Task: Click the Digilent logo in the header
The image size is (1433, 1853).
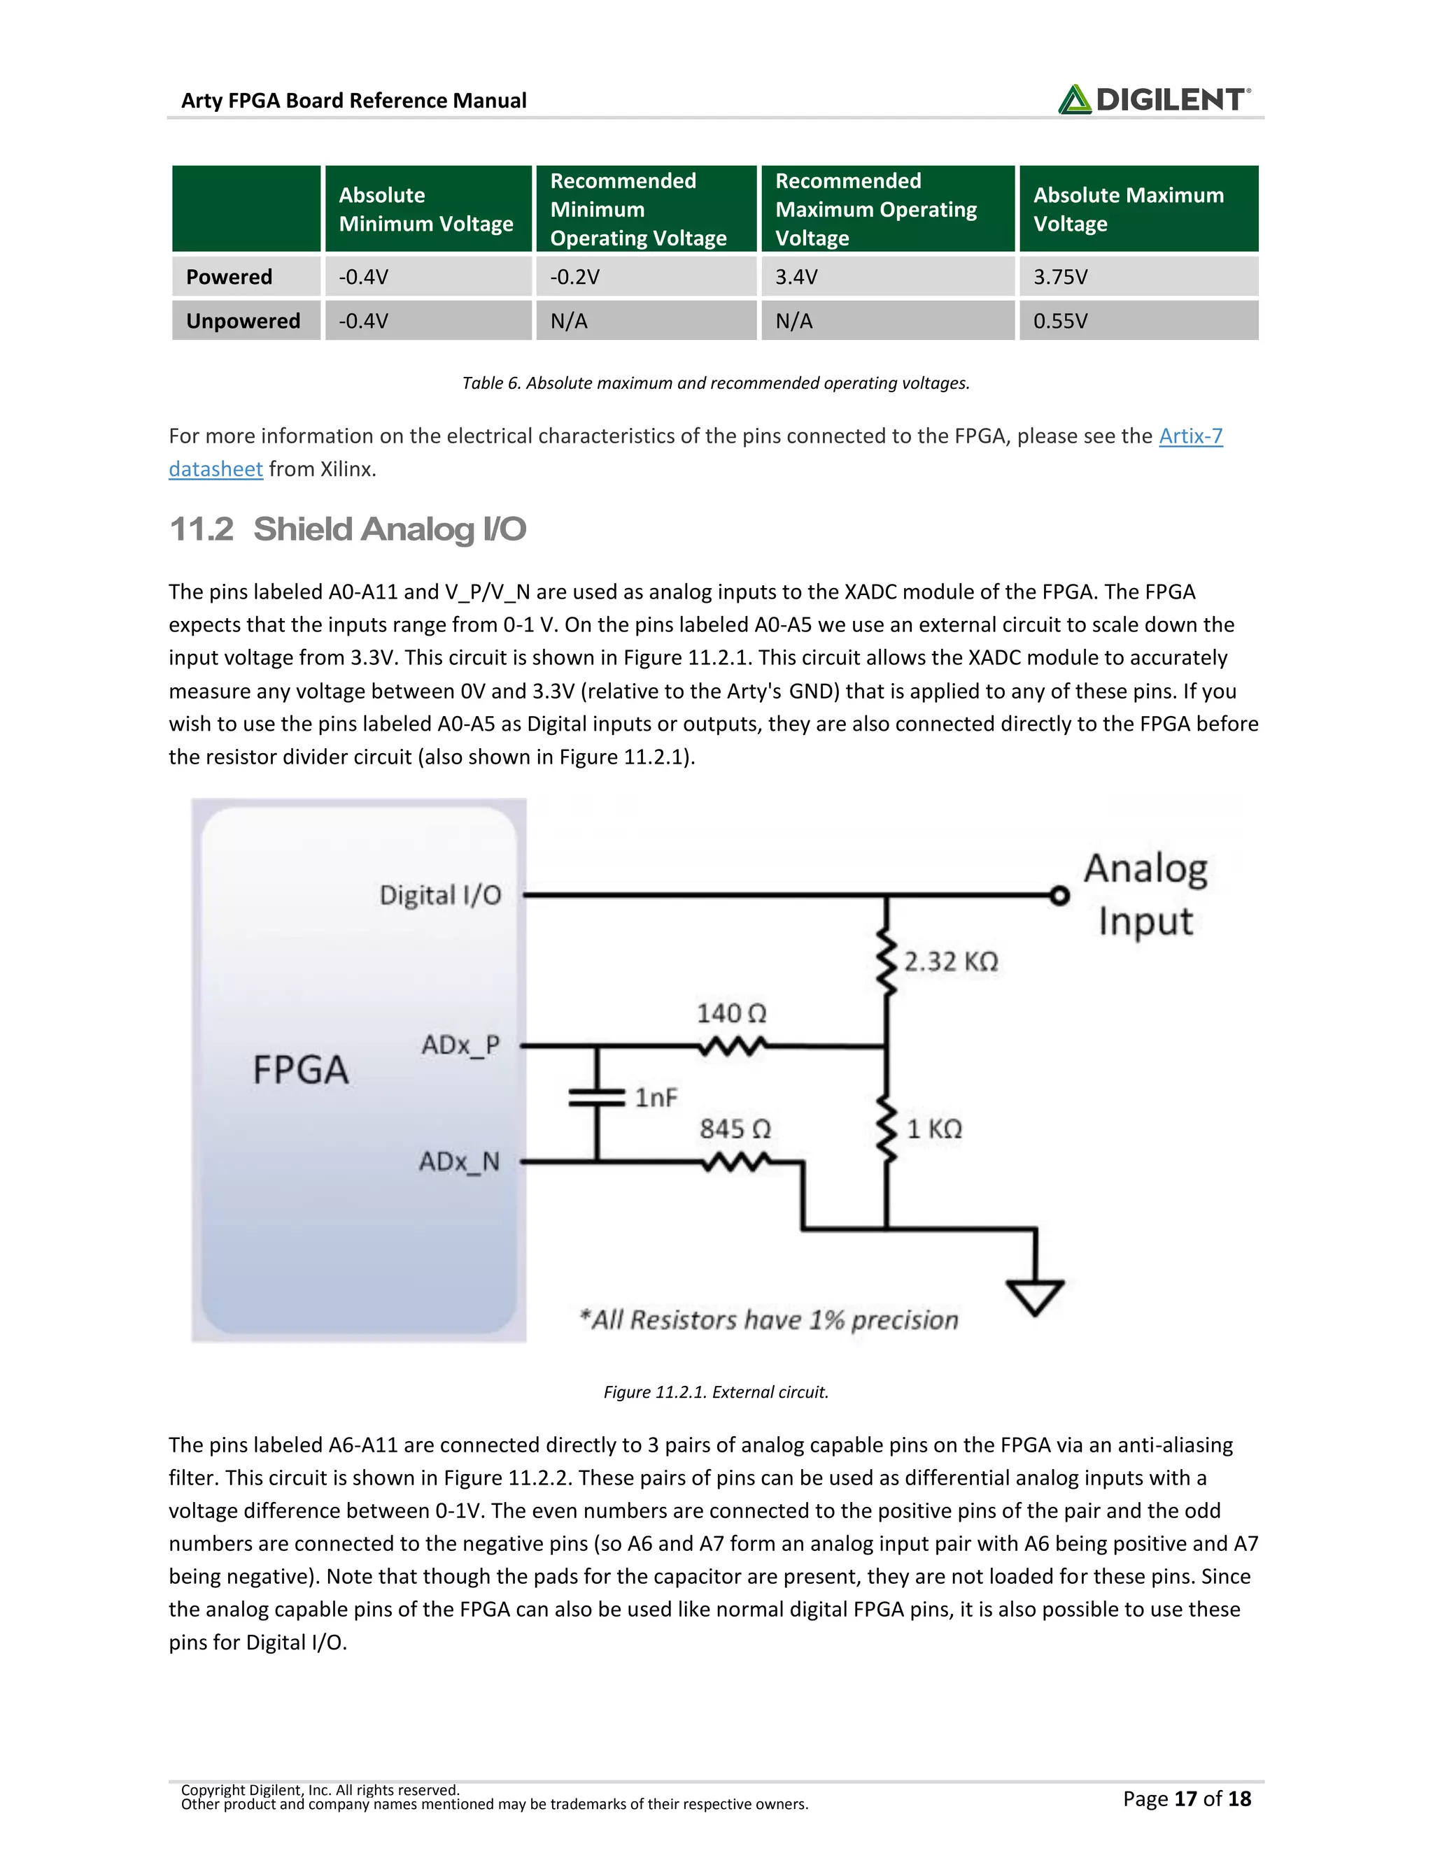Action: (x=1153, y=99)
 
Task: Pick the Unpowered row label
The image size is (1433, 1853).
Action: (x=243, y=321)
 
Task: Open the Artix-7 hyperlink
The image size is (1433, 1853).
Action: (x=1190, y=436)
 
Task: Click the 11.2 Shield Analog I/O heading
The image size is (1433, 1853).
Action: (x=347, y=529)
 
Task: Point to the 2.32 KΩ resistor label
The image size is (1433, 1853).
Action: (x=950, y=961)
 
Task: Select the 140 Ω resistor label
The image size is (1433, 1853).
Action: (x=731, y=1013)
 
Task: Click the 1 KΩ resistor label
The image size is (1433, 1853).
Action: (x=934, y=1129)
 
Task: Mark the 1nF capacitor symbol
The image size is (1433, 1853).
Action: (x=597, y=1098)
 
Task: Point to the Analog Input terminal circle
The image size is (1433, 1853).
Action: (x=1059, y=895)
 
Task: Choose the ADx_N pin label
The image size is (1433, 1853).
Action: (x=458, y=1161)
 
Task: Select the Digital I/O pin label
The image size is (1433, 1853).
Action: (x=439, y=895)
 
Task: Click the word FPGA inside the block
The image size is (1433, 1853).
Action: (x=300, y=1069)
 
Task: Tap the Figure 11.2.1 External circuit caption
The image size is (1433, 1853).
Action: (x=716, y=1392)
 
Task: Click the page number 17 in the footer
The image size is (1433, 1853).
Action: (x=1185, y=1798)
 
